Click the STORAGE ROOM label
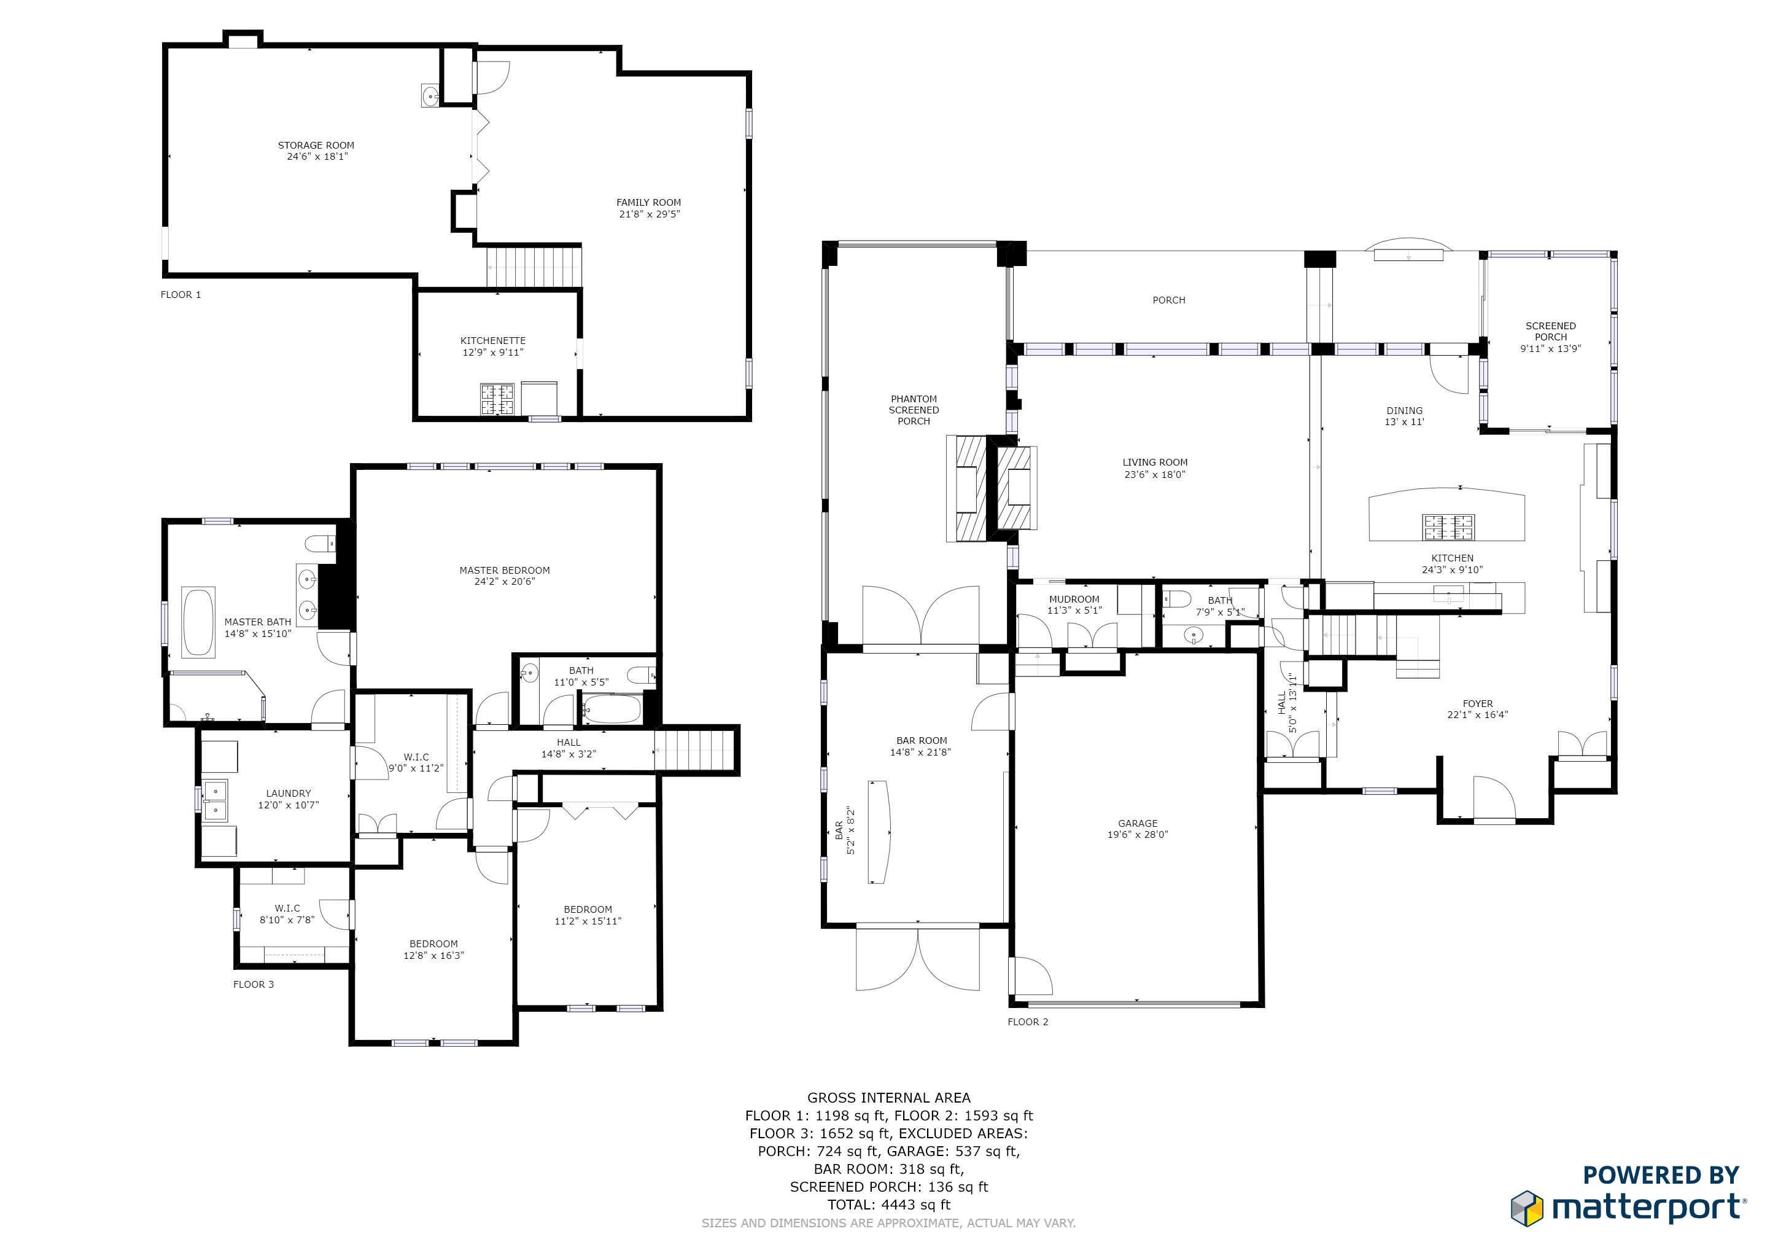coord(316,146)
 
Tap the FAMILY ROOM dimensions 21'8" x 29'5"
coord(649,214)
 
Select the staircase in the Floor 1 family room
coord(534,267)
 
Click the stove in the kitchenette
coord(497,399)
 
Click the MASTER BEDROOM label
coord(504,571)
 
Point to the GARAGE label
coord(1138,824)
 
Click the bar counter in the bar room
coord(880,832)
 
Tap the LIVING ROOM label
coord(1155,463)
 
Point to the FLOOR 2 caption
coord(1028,1022)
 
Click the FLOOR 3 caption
coord(253,985)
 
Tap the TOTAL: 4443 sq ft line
coord(889,1205)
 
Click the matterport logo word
coord(1650,1208)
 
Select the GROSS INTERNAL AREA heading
coord(889,1098)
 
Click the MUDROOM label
coord(1074,600)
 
